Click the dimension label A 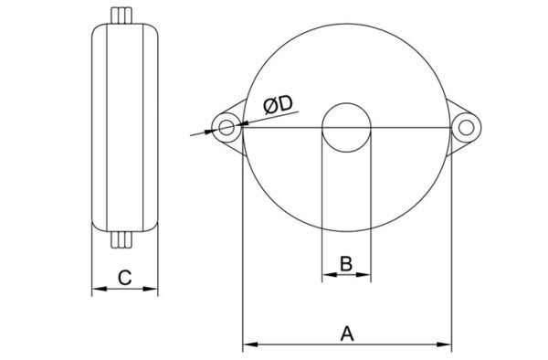347,334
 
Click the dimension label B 346,263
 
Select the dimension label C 124,278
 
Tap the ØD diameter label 279,105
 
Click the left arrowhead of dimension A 250,344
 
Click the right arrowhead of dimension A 444,344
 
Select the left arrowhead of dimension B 329,275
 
